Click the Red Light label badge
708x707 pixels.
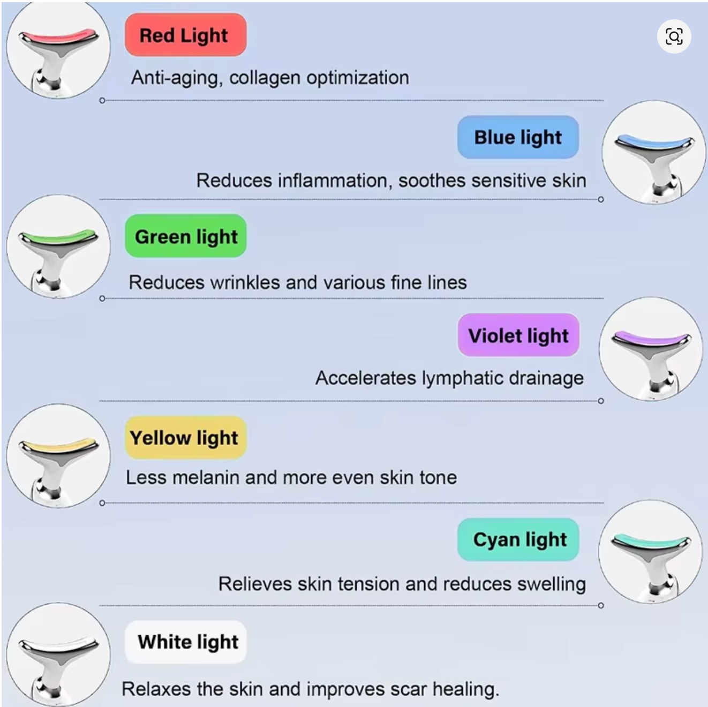185,35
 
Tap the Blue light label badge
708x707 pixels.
518,137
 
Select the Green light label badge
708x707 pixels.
185,236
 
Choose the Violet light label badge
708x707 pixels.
518,335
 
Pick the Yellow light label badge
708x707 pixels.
185,437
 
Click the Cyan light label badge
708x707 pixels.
518,539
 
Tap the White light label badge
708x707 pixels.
185,642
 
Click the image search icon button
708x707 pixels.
674,36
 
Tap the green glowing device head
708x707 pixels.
59,238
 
